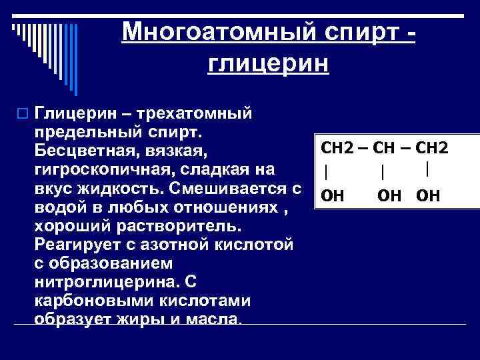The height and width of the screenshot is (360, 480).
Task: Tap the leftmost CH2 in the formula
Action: click(x=339, y=147)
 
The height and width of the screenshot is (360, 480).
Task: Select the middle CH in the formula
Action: click(x=385, y=147)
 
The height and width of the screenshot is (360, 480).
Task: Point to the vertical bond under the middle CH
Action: click(x=382, y=172)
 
